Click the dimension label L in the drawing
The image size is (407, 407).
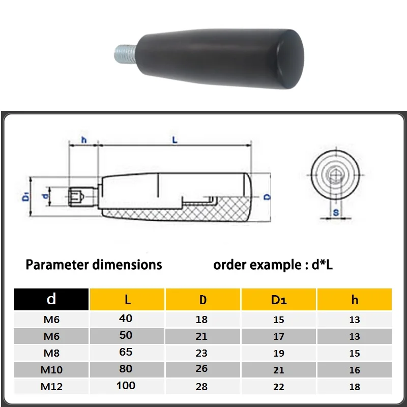coord(175,140)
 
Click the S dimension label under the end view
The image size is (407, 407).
coord(335,212)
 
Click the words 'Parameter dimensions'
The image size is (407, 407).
coord(94,265)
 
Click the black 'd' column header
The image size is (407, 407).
coord(51,299)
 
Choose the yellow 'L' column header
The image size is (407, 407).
coord(127,299)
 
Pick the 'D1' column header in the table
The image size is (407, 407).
coord(278,300)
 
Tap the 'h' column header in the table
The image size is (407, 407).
coord(355,300)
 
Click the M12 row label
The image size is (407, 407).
coord(51,387)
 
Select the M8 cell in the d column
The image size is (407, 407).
coord(51,353)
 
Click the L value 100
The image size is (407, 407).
coord(126,385)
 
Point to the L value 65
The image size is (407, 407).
coord(126,352)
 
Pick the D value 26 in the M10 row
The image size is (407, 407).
coord(202,370)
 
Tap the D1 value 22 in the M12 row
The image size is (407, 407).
coord(278,387)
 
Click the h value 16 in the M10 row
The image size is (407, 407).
coord(355,370)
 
